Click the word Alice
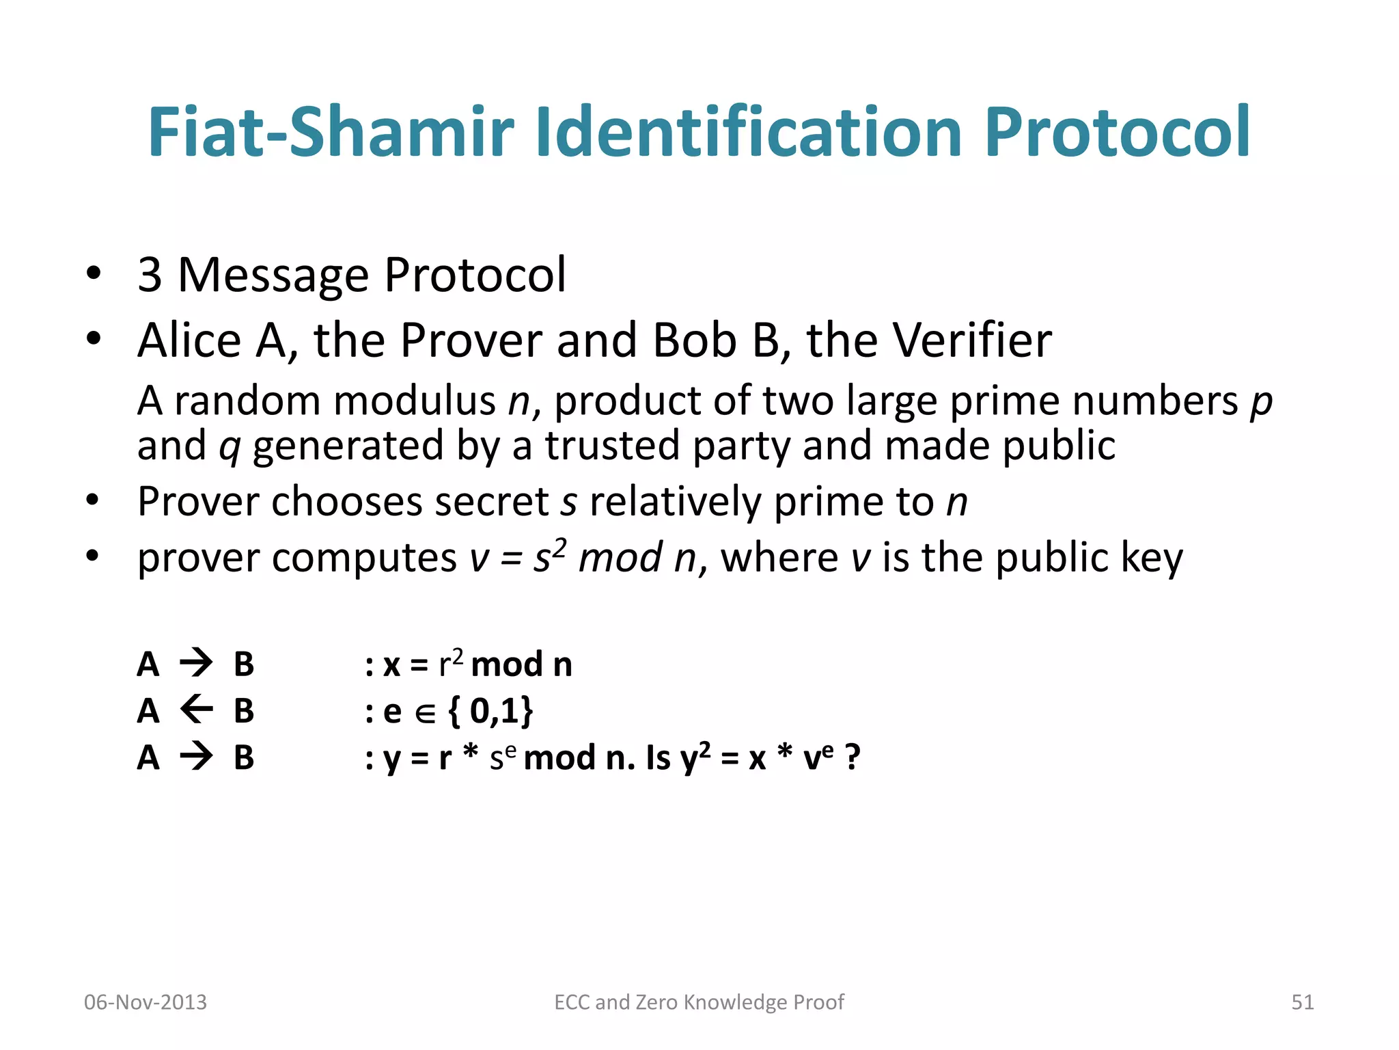(x=189, y=340)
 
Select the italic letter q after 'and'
(x=230, y=447)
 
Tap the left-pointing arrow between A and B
(x=197, y=710)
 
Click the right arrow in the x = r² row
(x=197, y=663)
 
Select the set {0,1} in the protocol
(x=490, y=711)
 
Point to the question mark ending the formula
(x=852, y=757)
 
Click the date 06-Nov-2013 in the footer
(x=145, y=1002)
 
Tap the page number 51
(x=1302, y=1002)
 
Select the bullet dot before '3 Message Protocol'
(x=94, y=274)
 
